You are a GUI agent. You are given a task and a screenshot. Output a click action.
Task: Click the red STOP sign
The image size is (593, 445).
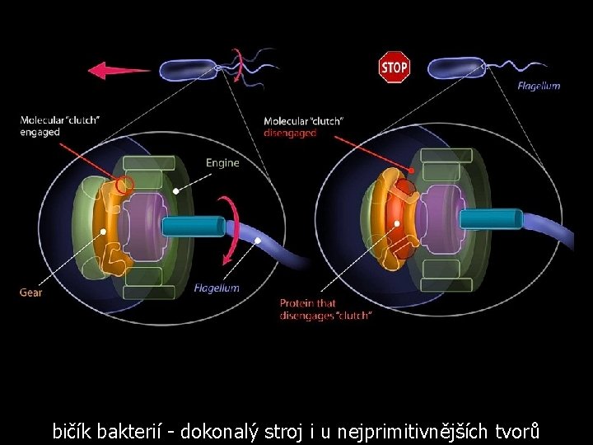coord(394,67)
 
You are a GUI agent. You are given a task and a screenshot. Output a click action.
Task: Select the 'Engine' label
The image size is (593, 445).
coord(222,162)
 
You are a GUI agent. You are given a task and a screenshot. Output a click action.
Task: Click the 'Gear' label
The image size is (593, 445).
coord(31,292)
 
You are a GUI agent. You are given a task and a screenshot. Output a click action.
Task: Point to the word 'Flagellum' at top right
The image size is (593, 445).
coord(539,86)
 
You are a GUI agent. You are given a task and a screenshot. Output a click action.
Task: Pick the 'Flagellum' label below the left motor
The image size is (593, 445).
coord(217,288)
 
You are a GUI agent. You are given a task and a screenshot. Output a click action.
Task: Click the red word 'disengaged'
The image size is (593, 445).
coord(290,133)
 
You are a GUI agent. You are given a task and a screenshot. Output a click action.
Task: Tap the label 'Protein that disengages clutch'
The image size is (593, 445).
coord(325,309)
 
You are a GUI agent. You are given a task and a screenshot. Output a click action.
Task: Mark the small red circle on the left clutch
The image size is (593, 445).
coord(126,185)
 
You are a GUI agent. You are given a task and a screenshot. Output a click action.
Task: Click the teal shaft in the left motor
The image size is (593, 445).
coord(194,225)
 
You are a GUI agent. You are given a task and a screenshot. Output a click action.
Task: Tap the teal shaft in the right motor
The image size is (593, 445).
coord(490,218)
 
